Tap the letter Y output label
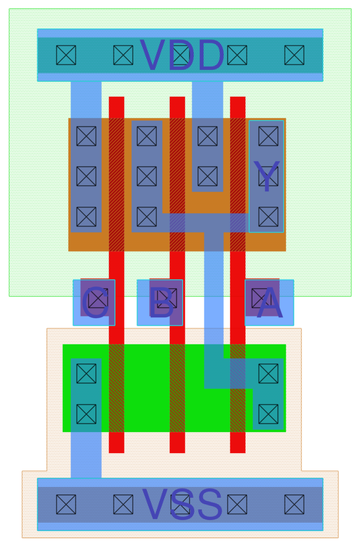pyautogui.click(x=266, y=176)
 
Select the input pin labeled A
pyautogui.click(x=269, y=302)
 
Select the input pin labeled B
pyautogui.click(x=161, y=302)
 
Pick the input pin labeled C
pyautogui.click(x=94, y=302)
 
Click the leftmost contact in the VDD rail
pyautogui.click(x=66, y=55)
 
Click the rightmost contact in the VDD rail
pyautogui.click(x=294, y=55)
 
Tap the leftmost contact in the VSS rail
pyautogui.click(x=66, y=504)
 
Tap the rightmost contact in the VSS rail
pyautogui.click(x=294, y=504)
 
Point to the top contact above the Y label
pyautogui.click(x=268, y=136)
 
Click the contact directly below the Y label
pyautogui.click(x=268, y=217)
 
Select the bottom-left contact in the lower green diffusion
pyautogui.click(x=86, y=414)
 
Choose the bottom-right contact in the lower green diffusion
pyautogui.click(x=268, y=414)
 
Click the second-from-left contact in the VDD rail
pyautogui.click(x=123, y=55)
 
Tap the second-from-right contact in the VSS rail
pyautogui.click(x=237, y=504)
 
